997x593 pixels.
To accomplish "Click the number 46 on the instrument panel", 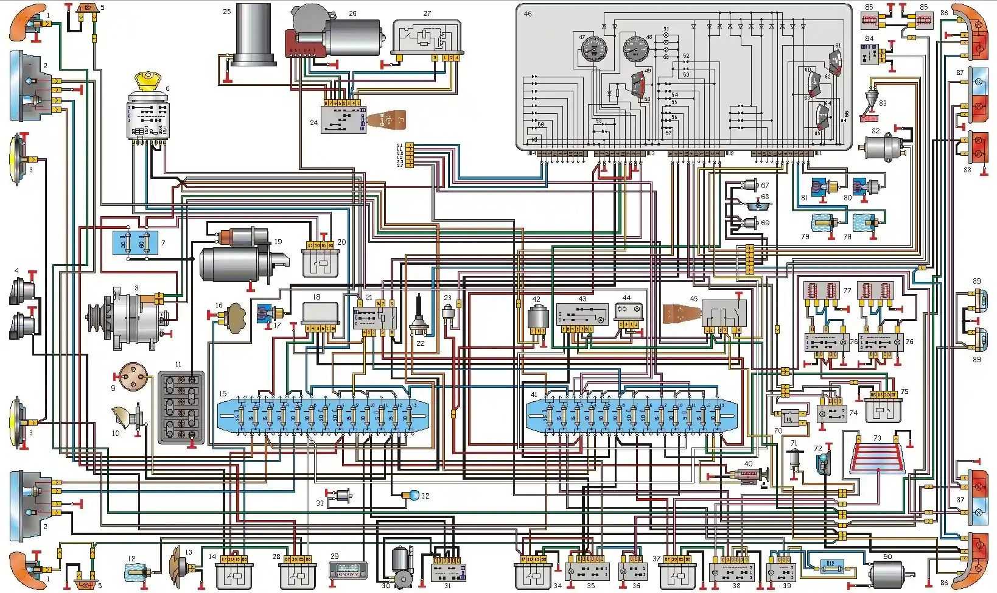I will [x=528, y=13].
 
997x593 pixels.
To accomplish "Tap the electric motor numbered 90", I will [x=888, y=574].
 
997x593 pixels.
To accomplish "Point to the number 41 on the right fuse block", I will [x=534, y=395].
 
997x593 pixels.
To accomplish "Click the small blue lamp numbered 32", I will [x=415, y=496].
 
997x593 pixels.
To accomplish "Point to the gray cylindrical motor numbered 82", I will [x=883, y=147].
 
